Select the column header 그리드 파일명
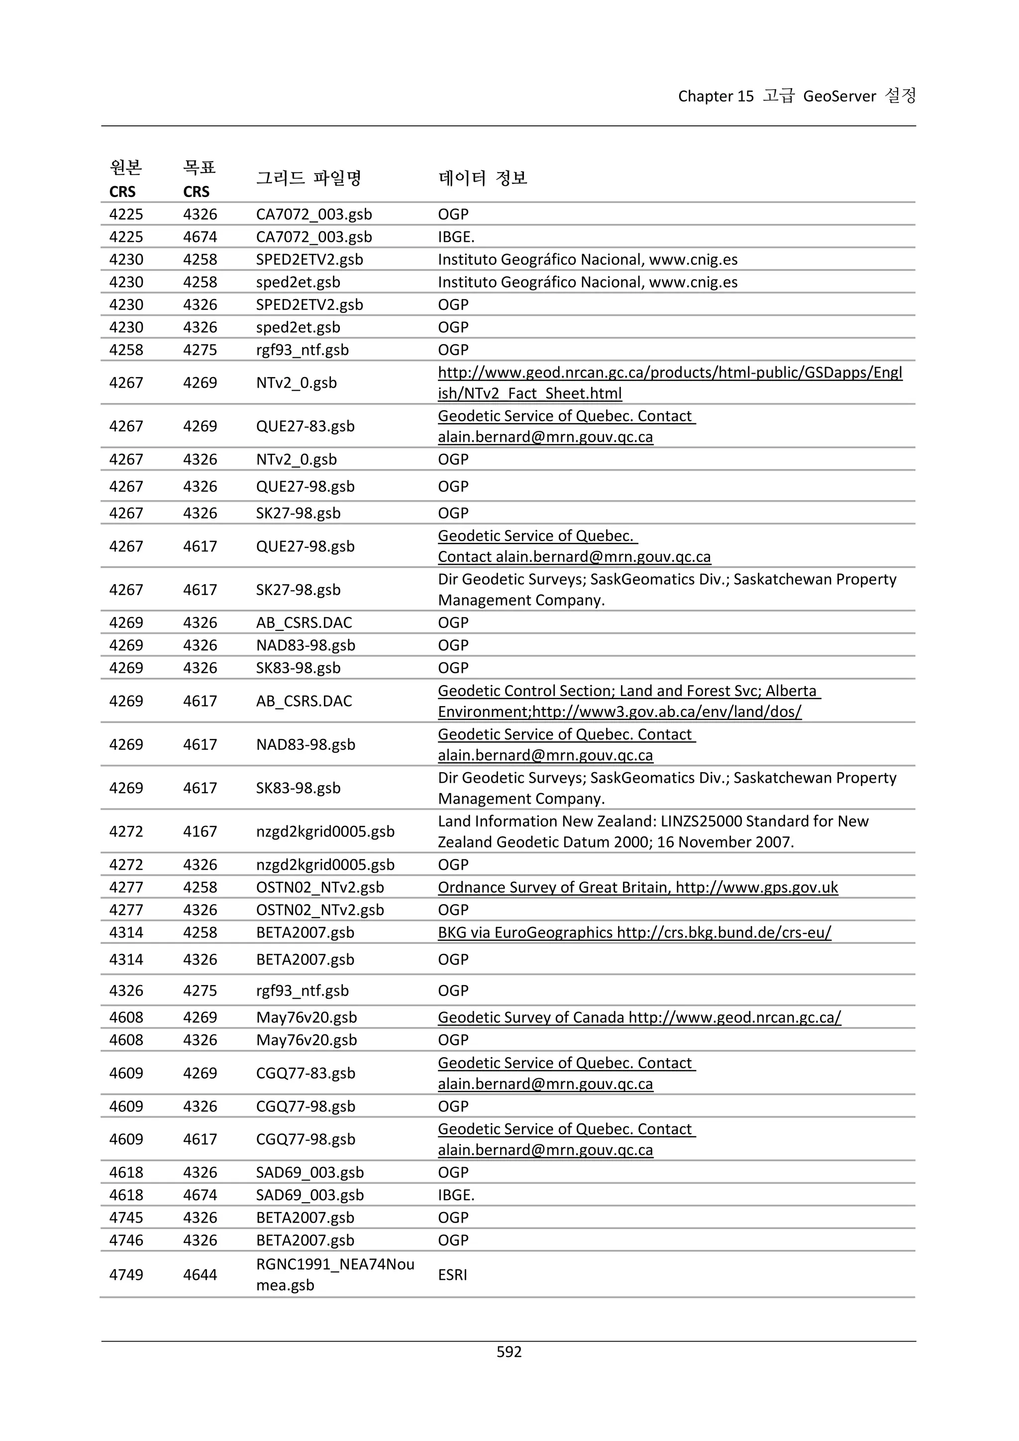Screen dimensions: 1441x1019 [x=308, y=178]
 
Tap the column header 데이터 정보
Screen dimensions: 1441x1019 [x=482, y=178]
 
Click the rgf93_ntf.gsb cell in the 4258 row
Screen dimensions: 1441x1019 [x=302, y=350]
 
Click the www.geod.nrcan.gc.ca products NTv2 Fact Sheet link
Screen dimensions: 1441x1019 [x=670, y=382]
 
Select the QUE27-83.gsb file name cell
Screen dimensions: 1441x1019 [x=305, y=426]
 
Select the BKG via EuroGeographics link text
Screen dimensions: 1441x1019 [x=634, y=932]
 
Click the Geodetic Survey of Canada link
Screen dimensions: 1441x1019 [x=639, y=1018]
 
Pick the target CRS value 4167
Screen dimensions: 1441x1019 [x=200, y=831]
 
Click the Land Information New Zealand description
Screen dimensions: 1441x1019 [x=653, y=831]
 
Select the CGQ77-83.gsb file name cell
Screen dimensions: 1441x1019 [x=305, y=1073]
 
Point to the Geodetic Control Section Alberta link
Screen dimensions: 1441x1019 [x=629, y=701]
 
